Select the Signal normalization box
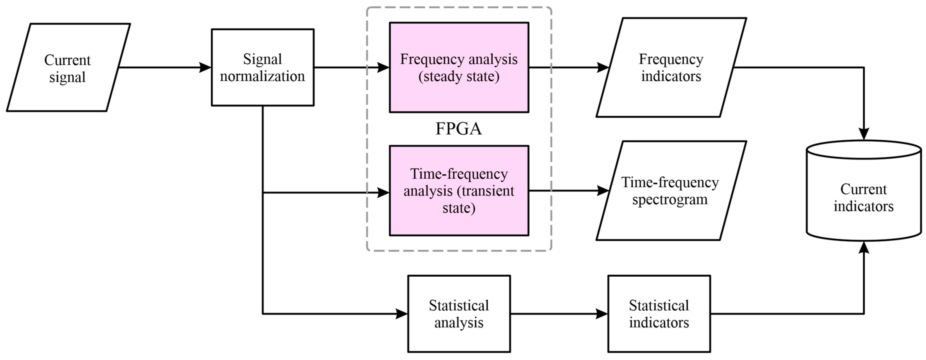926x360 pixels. tap(262, 68)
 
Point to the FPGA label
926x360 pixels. tap(458, 129)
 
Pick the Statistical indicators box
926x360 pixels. tap(659, 314)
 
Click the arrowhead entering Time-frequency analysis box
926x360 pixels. tap(383, 193)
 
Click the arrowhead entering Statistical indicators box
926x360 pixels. tap(601, 314)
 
